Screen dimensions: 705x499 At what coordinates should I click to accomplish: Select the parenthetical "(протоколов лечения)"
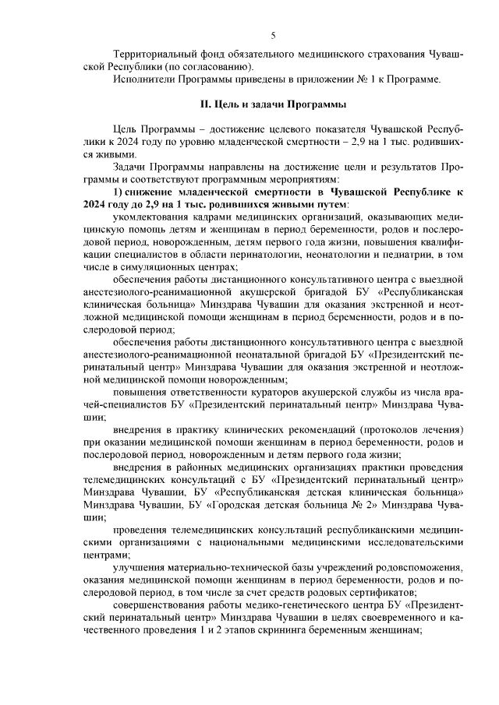412,428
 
